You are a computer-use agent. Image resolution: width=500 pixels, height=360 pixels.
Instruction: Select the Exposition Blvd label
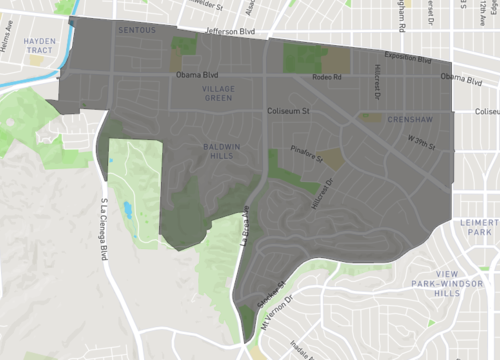pyautogui.click(x=408, y=60)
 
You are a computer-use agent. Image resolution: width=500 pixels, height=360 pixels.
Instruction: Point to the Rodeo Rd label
pyautogui.click(x=327, y=77)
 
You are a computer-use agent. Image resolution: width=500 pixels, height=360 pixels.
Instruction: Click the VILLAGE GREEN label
pyautogui.click(x=211, y=94)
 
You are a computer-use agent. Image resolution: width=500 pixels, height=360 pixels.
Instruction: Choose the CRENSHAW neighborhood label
pyautogui.click(x=385, y=118)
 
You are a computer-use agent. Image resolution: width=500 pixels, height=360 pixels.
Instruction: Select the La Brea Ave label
pyautogui.click(x=243, y=220)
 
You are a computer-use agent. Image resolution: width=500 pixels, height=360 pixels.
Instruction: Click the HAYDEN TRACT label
pyautogui.click(x=39, y=46)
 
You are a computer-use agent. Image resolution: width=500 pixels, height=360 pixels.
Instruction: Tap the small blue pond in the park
pyautogui.click(x=126, y=209)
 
